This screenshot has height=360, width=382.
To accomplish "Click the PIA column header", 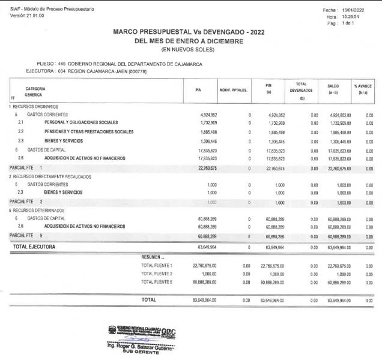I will pos(198,89).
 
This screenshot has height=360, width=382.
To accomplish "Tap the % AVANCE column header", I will pos(363,89).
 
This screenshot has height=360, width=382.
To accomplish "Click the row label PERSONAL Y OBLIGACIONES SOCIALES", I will pos(80,122).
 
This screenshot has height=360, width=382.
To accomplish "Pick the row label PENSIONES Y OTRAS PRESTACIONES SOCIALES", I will pos(88,131).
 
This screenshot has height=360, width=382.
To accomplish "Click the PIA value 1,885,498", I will pos(206,131).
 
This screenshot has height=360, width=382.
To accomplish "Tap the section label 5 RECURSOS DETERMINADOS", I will pos(38,211).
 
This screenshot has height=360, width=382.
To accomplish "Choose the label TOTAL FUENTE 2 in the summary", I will pos(156,273).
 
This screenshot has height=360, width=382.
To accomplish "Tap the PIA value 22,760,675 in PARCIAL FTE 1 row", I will pos(204,167).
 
